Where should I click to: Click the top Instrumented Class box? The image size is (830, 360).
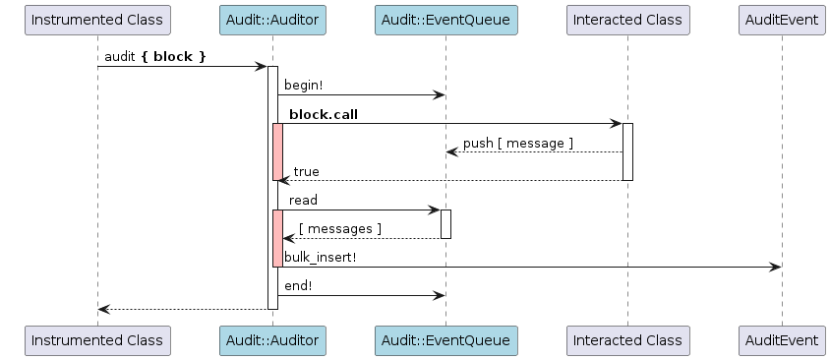point(97,20)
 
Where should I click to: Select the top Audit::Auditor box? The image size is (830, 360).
point(272,20)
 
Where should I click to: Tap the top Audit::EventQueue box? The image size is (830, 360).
point(445,20)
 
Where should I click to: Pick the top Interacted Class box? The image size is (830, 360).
point(627,20)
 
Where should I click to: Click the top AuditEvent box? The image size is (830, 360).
point(782,20)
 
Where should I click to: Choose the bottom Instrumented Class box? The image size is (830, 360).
point(97,340)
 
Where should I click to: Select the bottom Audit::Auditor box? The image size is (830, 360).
point(272,340)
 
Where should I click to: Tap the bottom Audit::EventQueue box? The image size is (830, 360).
point(445,340)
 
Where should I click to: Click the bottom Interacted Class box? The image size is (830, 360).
point(627,340)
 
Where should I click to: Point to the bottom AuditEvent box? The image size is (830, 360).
point(782,340)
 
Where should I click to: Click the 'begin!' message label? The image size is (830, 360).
point(303,86)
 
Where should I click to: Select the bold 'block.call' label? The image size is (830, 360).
point(324,114)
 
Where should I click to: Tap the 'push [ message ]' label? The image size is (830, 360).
point(517,144)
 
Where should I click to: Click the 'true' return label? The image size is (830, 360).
point(307,172)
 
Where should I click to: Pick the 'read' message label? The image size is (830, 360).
point(303,200)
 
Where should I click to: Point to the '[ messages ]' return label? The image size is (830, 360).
point(340,229)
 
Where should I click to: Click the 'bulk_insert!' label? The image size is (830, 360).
point(321,258)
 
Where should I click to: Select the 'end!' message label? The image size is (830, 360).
point(298,286)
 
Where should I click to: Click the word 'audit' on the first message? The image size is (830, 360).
point(120,57)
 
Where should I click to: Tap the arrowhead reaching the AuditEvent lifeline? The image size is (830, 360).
point(776,267)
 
